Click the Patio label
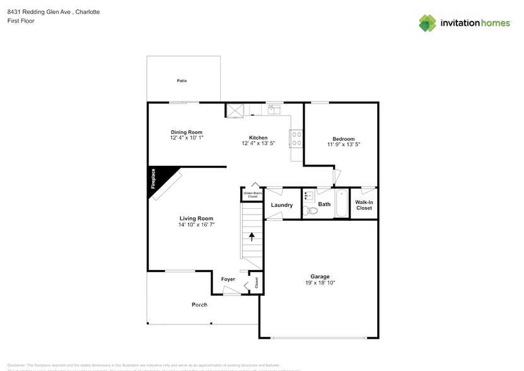click(182, 81)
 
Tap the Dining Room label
click(186, 132)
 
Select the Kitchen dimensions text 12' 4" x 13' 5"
click(259, 143)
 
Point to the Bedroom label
click(344, 139)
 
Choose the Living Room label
click(196, 218)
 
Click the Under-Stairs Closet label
click(252, 195)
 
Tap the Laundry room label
click(281, 205)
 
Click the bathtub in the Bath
click(341, 203)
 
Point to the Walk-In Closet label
click(364, 205)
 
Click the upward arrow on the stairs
click(252, 237)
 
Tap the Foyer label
click(228, 279)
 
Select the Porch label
click(199, 305)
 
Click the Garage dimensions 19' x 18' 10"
click(320, 283)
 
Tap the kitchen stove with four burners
click(296, 138)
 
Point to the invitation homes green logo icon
click(428, 23)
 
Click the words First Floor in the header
click(21, 21)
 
